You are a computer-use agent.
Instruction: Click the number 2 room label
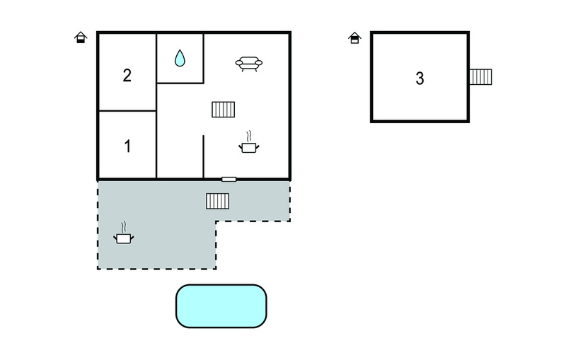click(127, 75)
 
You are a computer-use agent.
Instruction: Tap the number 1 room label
click(127, 147)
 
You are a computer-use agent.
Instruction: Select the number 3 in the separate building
click(420, 79)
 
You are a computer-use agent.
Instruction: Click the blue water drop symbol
click(180, 58)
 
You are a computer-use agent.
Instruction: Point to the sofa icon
click(249, 64)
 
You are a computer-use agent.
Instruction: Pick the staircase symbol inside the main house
click(223, 109)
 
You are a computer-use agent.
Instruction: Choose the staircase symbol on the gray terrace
click(217, 202)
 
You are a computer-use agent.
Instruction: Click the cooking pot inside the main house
click(249, 147)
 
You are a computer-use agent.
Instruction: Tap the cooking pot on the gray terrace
click(125, 239)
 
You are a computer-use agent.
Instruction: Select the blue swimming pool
click(221, 306)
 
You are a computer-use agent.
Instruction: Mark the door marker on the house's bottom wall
click(229, 179)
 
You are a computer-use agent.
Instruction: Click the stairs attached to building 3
click(481, 76)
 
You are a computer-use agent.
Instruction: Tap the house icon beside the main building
click(81, 37)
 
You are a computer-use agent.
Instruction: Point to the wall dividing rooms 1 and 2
click(127, 111)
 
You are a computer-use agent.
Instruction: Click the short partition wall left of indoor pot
click(204, 156)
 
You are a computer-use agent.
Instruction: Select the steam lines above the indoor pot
click(249, 136)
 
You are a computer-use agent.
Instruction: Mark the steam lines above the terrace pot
click(125, 228)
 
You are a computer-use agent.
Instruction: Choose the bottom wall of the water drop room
click(180, 83)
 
